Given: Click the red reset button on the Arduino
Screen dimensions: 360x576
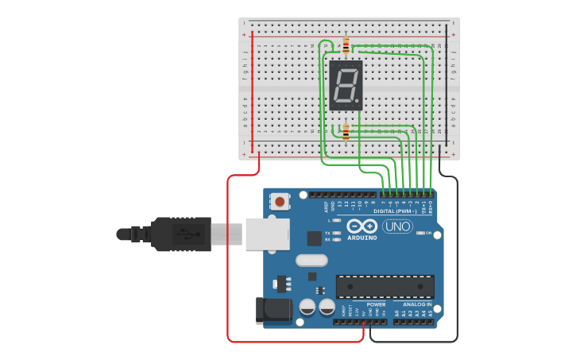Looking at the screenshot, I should [280, 202].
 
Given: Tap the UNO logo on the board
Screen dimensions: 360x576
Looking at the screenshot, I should [397, 226].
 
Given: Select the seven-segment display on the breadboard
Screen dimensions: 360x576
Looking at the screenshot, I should [346, 84].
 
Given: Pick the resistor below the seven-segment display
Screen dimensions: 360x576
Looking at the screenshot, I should [346, 132].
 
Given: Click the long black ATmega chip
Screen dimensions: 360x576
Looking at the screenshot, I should [385, 287].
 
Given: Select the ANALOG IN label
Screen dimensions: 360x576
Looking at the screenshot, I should [416, 304].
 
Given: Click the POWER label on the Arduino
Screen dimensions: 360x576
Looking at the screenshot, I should [377, 304].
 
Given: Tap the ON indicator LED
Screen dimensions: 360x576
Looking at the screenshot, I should [417, 233].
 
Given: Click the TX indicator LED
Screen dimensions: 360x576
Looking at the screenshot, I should [338, 233].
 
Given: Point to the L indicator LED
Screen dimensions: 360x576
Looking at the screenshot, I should [338, 219].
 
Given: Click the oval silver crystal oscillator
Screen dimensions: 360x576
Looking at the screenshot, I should [311, 260].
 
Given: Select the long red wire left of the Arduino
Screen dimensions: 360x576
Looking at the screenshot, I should [228, 262].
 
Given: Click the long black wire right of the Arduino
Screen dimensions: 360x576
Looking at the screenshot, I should [458, 262].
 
